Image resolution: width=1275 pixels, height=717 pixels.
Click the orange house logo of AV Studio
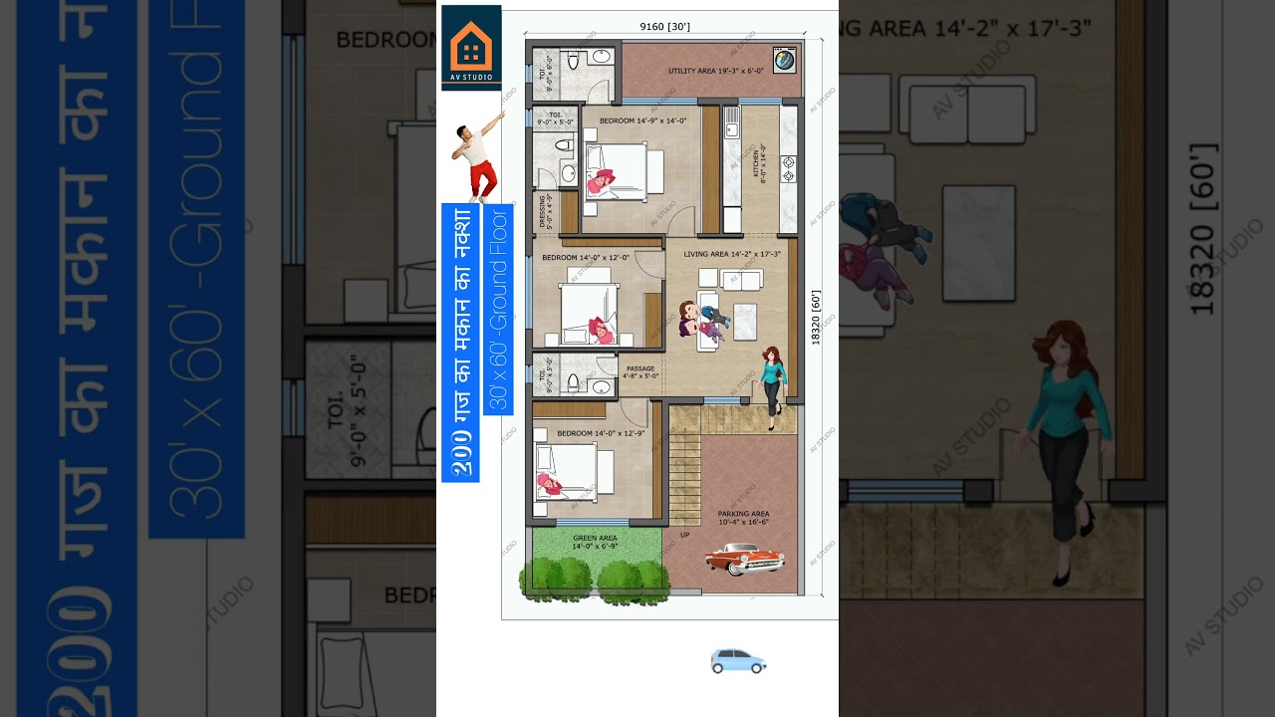click(470, 45)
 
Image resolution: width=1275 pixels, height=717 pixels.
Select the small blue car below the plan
click(737, 661)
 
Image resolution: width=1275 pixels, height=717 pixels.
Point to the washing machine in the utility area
click(785, 60)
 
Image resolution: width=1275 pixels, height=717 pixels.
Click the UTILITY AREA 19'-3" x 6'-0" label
click(715, 71)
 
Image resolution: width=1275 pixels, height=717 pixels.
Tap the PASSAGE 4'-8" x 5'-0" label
click(640, 372)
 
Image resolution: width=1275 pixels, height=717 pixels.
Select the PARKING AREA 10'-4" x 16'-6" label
click(743, 518)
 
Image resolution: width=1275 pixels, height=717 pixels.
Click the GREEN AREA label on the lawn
click(595, 542)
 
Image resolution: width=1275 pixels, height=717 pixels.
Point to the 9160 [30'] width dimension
click(664, 26)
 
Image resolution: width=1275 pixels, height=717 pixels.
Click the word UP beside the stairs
click(684, 535)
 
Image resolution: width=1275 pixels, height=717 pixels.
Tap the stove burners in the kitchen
click(789, 168)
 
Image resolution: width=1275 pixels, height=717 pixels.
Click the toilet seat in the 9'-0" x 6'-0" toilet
click(574, 61)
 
